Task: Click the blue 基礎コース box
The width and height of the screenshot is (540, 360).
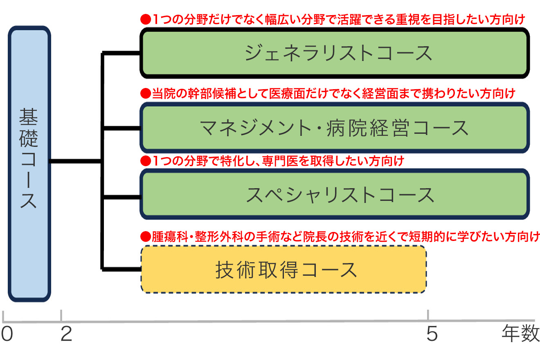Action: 29,164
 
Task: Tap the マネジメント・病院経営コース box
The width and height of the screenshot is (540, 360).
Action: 334,127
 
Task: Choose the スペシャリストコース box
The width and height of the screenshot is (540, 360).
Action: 334,194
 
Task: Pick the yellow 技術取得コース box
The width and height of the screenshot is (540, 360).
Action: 284,269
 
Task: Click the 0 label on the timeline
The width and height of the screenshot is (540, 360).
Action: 7,335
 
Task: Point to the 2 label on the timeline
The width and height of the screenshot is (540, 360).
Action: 66,335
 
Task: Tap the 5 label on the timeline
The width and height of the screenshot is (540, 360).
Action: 432,335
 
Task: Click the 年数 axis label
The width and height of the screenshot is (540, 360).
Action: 520,335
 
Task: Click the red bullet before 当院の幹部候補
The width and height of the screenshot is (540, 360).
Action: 145,94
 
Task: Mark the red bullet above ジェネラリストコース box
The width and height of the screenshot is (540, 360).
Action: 145,19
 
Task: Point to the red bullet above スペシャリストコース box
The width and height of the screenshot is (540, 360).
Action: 145,161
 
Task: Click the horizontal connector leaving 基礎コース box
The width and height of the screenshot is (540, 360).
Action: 76,161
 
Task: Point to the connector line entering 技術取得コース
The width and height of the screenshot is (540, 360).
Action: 121,269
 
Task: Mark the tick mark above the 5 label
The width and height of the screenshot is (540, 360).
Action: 428,315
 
